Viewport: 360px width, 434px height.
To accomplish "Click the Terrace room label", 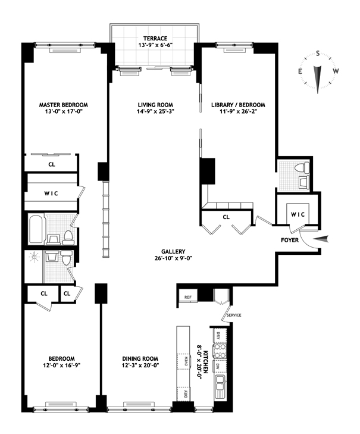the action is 155,39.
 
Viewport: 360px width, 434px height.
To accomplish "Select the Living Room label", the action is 155,105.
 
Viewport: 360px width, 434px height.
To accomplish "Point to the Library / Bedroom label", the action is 238,105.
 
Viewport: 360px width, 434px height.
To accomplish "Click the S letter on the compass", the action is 318,54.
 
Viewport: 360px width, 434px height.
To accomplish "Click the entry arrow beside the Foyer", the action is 321,239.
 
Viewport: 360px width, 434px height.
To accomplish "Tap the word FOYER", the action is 290,240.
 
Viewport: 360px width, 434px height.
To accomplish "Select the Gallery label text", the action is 173,252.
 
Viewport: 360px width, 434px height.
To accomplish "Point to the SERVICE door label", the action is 234,316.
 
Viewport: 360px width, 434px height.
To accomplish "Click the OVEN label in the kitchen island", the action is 186,362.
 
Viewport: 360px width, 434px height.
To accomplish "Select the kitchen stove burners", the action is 220,351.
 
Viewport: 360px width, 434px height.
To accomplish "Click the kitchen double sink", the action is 221,383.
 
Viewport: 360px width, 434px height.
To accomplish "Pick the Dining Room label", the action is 140,359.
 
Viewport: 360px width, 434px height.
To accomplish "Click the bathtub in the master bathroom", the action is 36,229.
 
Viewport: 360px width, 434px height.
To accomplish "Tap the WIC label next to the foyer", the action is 298,214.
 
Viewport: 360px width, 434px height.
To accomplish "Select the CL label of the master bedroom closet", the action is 52,164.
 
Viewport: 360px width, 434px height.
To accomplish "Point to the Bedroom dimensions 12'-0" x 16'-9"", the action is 62,366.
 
